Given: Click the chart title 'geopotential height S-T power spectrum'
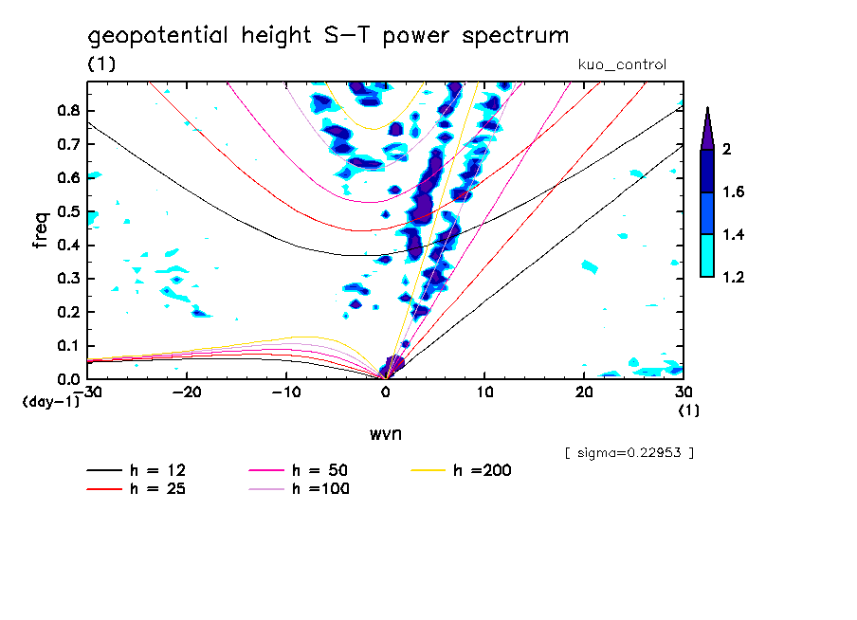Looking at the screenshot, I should coord(328,36).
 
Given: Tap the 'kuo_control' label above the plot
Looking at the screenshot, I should coord(622,64).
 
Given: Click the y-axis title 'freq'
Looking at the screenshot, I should coord(41,229).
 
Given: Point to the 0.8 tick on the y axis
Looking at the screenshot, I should coord(66,110).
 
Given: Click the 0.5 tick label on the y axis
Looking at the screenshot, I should coord(66,211).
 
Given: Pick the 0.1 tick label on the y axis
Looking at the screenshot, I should coord(66,346).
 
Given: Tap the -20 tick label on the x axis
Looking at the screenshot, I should coord(188,392).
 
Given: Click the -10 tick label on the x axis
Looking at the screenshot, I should coord(286,392).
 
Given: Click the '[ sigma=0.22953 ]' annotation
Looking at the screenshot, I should coord(629,452).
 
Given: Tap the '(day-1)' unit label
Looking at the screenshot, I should coord(51,402).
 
